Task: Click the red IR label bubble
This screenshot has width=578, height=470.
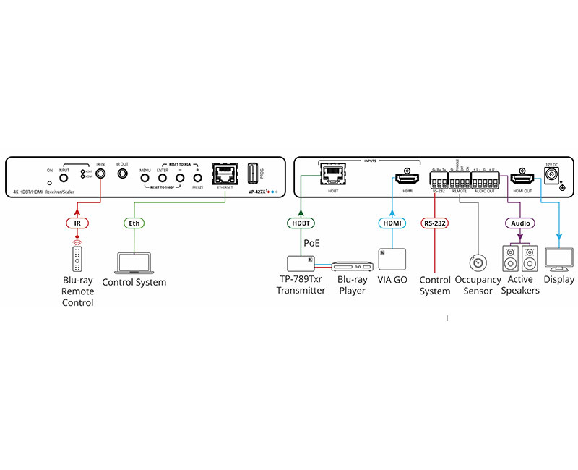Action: pyautogui.click(x=77, y=223)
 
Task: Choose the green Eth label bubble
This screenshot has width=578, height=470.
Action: pyautogui.click(x=134, y=223)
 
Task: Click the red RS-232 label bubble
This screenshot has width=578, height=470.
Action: pyautogui.click(x=435, y=223)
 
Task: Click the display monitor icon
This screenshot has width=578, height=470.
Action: pyautogui.click(x=559, y=259)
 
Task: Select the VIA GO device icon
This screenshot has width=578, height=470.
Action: pyautogui.click(x=392, y=258)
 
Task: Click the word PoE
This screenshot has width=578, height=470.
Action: pyautogui.click(x=311, y=244)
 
